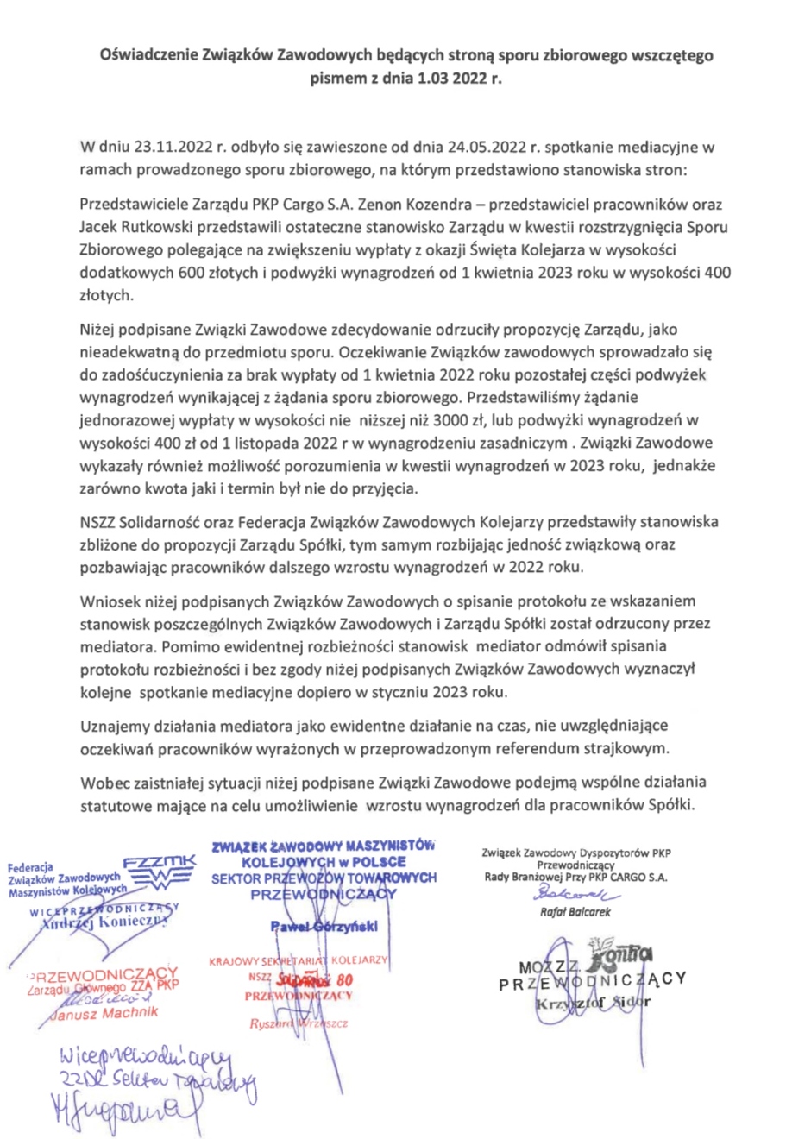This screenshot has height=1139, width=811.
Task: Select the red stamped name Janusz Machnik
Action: tap(104, 1013)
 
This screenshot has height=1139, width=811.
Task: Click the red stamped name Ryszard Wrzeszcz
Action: tap(299, 1023)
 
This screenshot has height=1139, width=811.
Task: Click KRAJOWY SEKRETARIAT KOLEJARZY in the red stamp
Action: tap(299, 960)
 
